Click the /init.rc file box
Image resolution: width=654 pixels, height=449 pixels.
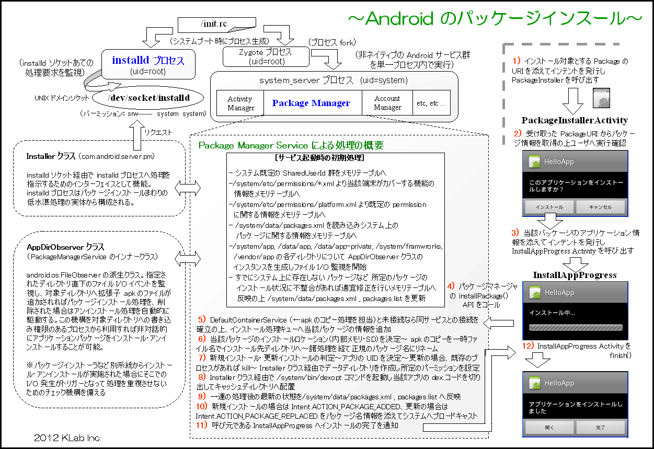click(x=216, y=24)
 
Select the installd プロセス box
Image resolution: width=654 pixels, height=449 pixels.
click(x=148, y=64)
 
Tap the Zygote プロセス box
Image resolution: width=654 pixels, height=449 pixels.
click(x=266, y=56)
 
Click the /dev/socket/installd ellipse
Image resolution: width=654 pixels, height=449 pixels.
click(x=148, y=98)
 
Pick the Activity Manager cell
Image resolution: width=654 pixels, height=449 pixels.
click(x=240, y=103)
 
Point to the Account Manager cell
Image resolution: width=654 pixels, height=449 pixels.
click(x=387, y=103)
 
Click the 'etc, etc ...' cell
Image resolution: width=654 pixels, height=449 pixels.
click(x=431, y=103)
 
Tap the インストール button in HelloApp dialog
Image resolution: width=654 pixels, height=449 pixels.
click(x=549, y=207)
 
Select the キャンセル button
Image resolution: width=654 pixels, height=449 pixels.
click(x=600, y=207)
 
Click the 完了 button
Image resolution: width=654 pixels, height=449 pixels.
click(x=600, y=428)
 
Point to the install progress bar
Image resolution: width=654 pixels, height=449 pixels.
click(x=576, y=328)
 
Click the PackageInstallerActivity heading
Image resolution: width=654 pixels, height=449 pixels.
click(x=575, y=120)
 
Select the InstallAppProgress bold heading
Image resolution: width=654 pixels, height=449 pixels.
click(x=575, y=275)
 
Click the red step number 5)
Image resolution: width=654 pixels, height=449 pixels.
click(x=202, y=319)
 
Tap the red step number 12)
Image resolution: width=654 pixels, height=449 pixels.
click(x=528, y=346)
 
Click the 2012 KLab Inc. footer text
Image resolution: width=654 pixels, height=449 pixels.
click(x=67, y=438)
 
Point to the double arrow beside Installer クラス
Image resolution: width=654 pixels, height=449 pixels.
click(x=188, y=188)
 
